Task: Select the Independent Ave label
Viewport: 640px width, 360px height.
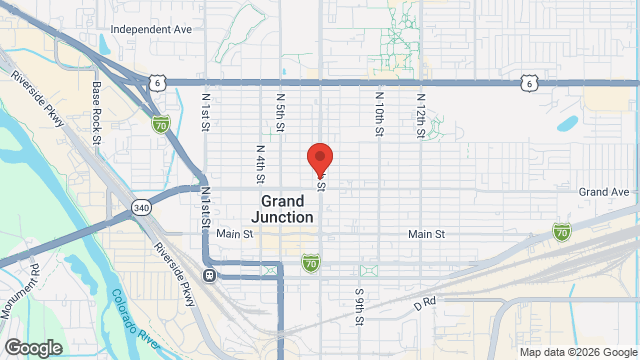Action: click(151, 30)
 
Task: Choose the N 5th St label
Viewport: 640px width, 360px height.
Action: click(281, 113)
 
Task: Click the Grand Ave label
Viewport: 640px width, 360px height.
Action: click(604, 191)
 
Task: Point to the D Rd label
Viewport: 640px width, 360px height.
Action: click(425, 302)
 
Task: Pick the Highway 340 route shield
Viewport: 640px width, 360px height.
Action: click(140, 207)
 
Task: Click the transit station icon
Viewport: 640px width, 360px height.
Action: click(209, 275)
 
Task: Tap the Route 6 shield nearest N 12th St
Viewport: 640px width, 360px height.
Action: click(529, 83)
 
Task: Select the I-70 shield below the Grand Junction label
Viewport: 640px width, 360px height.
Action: click(311, 263)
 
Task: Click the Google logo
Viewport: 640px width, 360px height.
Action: click(32, 348)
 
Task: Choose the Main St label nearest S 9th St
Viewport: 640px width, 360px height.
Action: click(426, 234)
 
